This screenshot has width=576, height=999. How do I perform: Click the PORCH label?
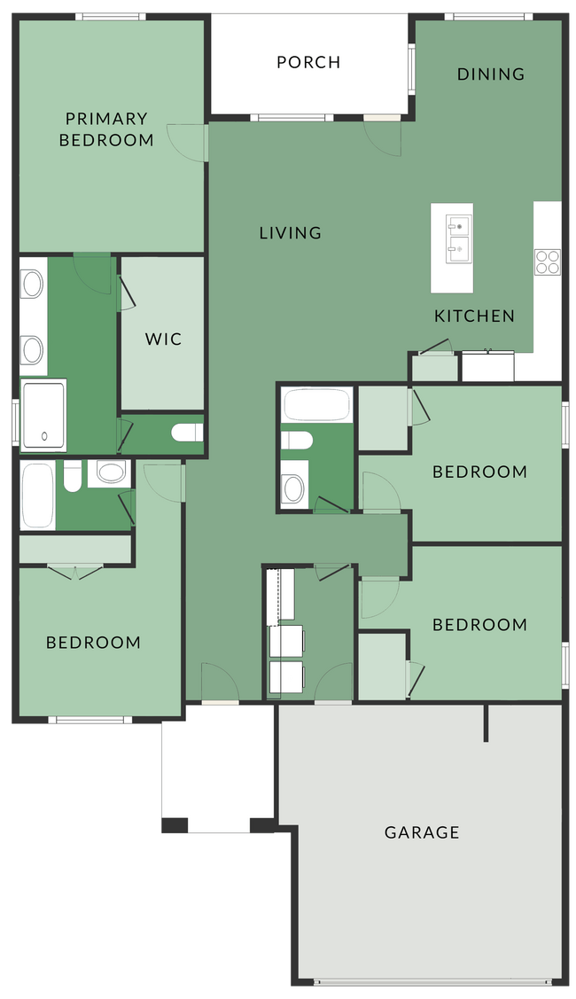(x=308, y=62)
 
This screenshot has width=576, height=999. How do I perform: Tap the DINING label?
(x=491, y=74)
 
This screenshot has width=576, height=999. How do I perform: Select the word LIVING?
(x=290, y=233)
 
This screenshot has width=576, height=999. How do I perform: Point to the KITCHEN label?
(x=474, y=316)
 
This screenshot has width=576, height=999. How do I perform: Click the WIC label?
(x=163, y=339)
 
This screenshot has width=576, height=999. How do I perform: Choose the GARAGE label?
(x=422, y=832)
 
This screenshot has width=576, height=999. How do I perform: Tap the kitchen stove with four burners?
(x=547, y=261)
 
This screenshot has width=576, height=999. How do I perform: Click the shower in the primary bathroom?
(x=43, y=415)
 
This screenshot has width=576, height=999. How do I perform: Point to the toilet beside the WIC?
(x=187, y=433)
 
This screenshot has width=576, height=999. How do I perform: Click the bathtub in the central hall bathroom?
(x=316, y=404)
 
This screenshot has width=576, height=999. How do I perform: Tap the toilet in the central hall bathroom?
(x=295, y=441)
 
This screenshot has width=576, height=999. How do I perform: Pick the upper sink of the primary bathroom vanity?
(x=33, y=285)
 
